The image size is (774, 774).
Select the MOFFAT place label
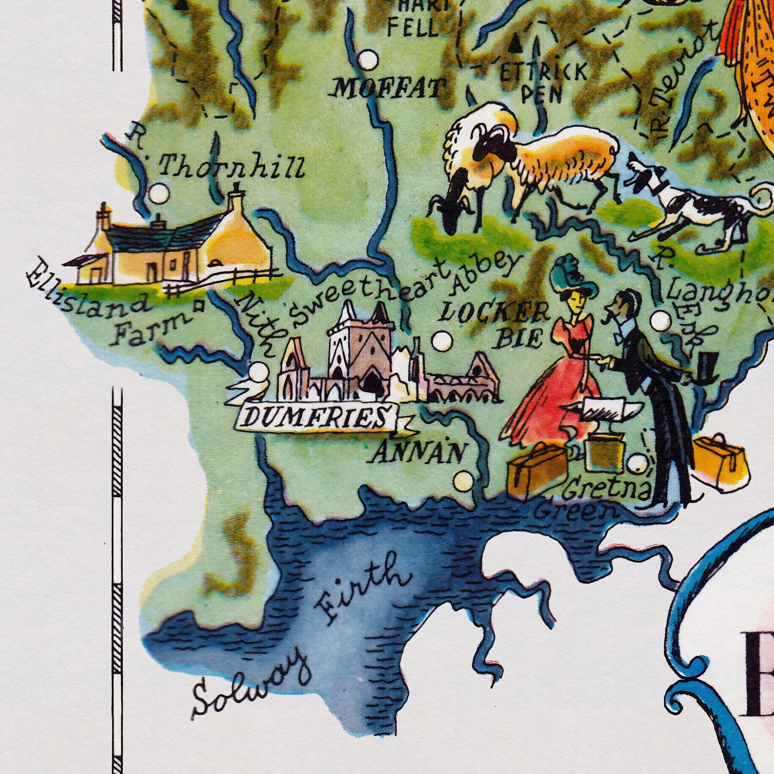pos(389,89)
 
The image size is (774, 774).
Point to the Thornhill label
pos(232,168)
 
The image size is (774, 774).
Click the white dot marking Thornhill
pos(157,194)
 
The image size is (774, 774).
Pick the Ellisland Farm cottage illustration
pos(171,244)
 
